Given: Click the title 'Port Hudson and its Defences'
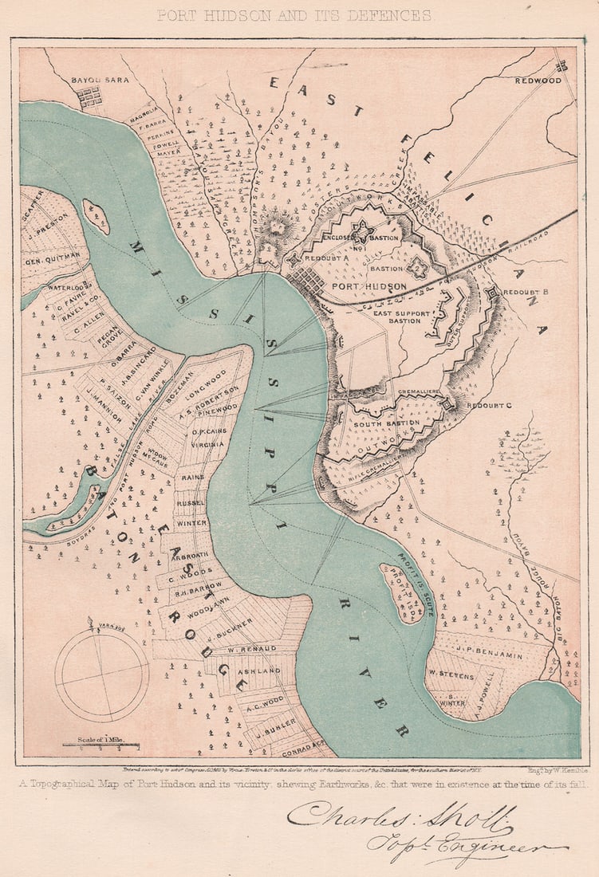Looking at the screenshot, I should point(294,15).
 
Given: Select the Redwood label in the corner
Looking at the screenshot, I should point(538,81).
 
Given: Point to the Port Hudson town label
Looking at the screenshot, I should point(368,286).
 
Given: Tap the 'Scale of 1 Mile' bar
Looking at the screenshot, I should point(100,744).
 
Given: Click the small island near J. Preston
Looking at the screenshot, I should point(96,217).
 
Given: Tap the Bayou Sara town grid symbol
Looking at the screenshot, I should point(89,97).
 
